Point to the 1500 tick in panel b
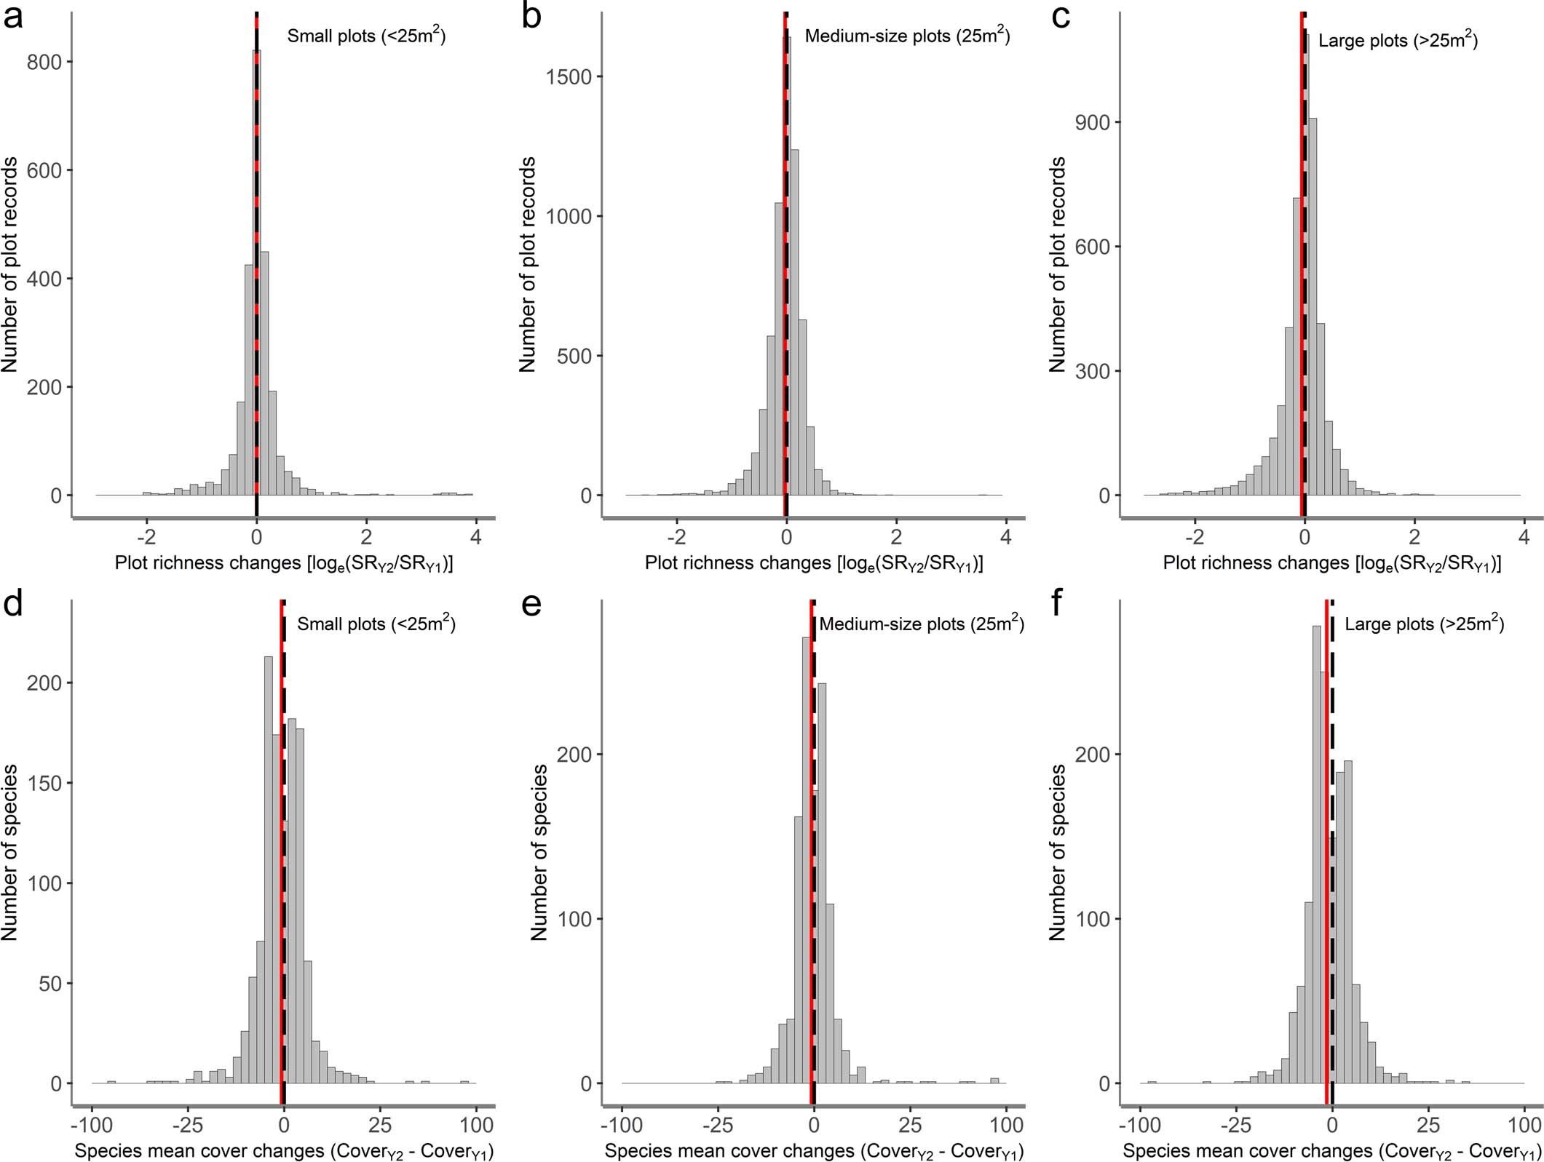[563, 77]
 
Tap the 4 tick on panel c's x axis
[1524, 537]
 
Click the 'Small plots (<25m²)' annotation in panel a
[366, 36]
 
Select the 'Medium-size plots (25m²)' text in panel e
[922, 624]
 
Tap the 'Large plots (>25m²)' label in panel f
[1424, 624]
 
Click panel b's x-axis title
[813, 563]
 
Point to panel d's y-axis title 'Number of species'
[10, 851]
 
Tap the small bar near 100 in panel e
[994, 1081]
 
